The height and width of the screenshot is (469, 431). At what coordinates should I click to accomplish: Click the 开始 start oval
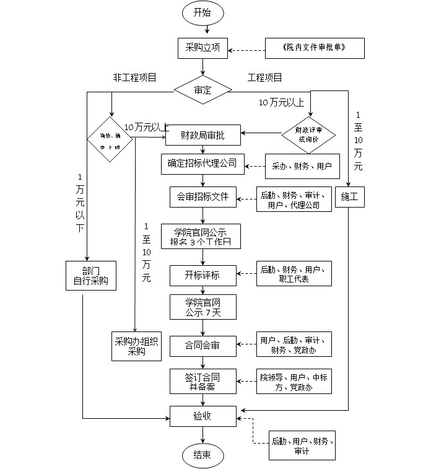[x=202, y=12]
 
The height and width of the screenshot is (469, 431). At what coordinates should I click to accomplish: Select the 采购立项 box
[x=202, y=48]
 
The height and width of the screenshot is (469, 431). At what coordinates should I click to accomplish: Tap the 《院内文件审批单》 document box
[x=315, y=48]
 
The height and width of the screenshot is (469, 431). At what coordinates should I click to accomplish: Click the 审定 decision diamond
[x=202, y=90]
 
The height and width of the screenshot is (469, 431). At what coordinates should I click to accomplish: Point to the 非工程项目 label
[x=134, y=77]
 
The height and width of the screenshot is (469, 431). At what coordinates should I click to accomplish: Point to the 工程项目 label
[x=265, y=77]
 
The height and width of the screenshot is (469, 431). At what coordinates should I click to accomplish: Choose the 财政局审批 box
[x=202, y=134]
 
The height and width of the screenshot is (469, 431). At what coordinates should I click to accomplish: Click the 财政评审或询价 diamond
[x=308, y=134]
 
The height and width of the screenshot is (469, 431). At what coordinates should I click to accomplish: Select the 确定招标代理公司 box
[x=202, y=164]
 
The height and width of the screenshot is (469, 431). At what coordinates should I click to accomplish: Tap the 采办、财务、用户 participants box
[x=303, y=166]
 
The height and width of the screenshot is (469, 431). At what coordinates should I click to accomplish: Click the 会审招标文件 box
[x=202, y=198]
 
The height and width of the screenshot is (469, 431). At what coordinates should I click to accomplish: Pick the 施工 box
[x=350, y=198]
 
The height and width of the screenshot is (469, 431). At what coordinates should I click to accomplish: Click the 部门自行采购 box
[x=91, y=275]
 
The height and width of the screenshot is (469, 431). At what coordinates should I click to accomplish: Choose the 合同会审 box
[x=202, y=345]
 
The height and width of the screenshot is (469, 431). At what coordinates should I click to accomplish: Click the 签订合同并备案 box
[x=202, y=381]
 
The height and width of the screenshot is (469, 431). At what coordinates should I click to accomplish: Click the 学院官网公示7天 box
[x=202, y=307]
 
